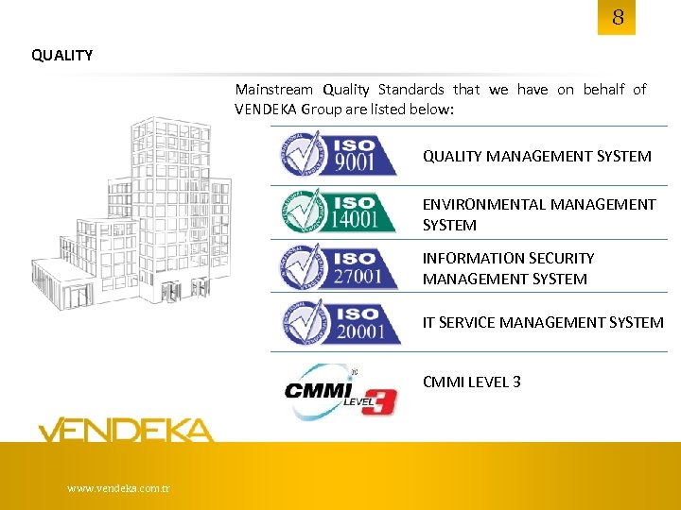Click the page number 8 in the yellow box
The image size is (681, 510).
(617, 18)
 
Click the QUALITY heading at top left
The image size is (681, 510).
(62, 55)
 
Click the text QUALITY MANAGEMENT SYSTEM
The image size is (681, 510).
(536, 157)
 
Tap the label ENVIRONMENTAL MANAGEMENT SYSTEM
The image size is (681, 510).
(538, 214)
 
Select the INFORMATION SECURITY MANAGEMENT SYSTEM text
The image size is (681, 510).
(508, 268)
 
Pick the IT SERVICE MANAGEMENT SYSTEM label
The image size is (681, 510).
(543, 323)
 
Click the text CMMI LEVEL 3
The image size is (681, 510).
(471, 382)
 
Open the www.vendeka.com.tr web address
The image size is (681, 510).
(118, 488)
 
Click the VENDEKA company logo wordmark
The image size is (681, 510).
(126, 431)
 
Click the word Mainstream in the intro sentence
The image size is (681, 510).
(273, 90)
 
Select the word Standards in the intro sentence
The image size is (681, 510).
(410, 90)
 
